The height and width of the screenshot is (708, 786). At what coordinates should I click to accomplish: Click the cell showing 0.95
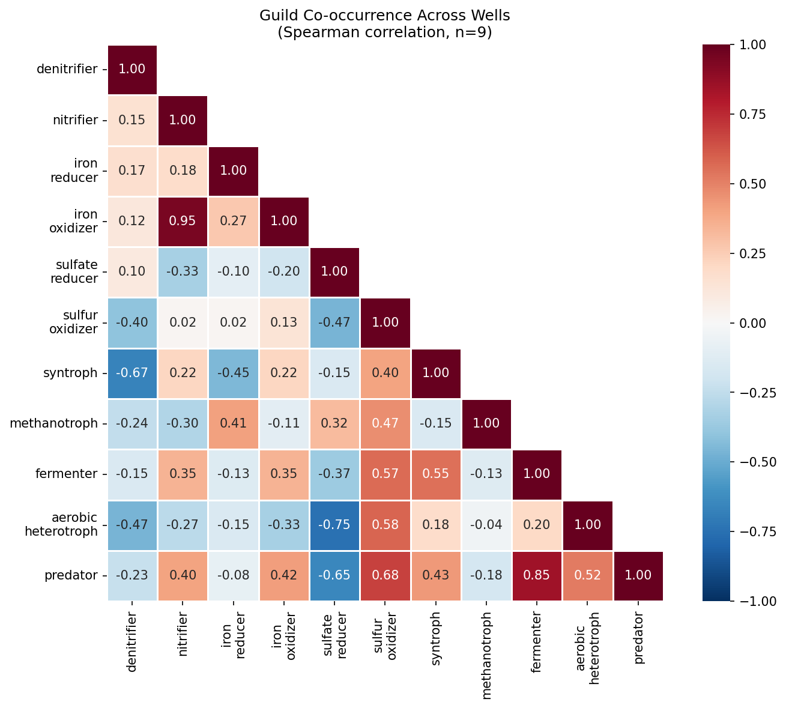pos(183,221)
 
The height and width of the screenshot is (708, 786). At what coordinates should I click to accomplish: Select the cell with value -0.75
pos(334,525)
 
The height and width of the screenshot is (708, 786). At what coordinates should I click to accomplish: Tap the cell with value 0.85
pos(537,575)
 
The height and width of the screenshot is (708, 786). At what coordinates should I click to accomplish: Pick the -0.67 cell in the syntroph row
pos(132,373)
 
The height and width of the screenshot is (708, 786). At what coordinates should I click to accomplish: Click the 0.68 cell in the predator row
pos(385,575)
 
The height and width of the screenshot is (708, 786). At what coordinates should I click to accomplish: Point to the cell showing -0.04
pos(486,525)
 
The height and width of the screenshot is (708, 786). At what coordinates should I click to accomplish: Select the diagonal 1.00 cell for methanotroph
pos(486,423)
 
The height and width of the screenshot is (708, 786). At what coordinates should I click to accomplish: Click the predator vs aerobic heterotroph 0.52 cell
pos(587,575)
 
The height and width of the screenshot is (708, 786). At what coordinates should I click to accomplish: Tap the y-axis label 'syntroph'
pos(70,373)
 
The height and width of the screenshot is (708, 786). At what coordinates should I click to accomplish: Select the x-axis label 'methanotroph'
pos(486,656)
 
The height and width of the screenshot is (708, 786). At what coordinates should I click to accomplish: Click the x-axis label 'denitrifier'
pos(132,643)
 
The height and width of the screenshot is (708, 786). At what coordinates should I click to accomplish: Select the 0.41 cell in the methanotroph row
pos(233,423)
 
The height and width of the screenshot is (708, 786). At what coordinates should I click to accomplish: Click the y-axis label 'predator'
pos(71,575)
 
